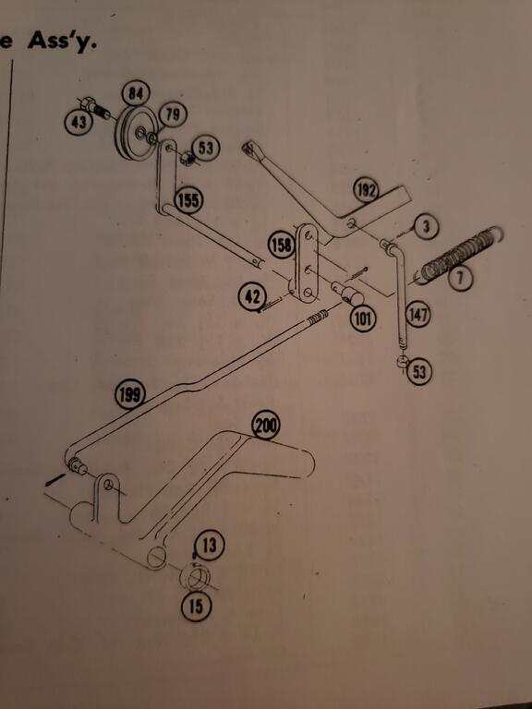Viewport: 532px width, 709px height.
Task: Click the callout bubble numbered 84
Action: click(136, 94)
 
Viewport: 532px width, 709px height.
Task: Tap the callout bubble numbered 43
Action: click(79, 123)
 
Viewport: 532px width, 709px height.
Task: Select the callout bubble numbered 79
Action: click(173, 114)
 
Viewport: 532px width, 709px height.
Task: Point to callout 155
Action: click(188, 200)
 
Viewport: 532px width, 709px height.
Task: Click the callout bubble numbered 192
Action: click(366, 191)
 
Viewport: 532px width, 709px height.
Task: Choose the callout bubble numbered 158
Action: click(282, 245)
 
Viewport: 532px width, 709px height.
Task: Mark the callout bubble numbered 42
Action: click(252, 297)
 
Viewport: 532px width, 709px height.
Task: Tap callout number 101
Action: click(363, 319)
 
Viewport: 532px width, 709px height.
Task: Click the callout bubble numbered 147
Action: click(418, 315)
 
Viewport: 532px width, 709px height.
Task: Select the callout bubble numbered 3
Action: click(425, 227)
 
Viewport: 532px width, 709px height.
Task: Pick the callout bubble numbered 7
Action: click(460, 279)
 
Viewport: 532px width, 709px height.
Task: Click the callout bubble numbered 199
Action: click(130, 395)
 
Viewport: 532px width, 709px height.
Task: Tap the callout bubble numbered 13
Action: click(209, 546)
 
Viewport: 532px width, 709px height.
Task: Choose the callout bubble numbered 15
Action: click(196, 607)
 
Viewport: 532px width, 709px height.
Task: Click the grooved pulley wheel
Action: click(137, 133)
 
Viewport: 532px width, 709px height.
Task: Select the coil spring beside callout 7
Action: click(460, 255)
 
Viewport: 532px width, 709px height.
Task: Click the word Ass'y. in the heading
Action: click(62, 42)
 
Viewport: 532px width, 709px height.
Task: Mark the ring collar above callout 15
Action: click(195, 577)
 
